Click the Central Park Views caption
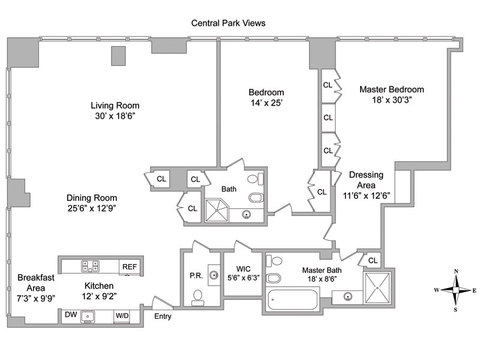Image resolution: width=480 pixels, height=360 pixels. [x=228, y=23]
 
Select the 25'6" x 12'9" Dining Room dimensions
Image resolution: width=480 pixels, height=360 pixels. [x=92, y=209]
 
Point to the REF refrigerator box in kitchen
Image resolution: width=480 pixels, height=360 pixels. [x=129, y=266]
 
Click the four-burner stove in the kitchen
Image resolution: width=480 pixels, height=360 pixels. [x=90, y=266]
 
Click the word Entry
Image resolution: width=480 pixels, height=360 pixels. [x=163, y=316]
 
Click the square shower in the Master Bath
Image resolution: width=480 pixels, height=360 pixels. [x=377, y=288]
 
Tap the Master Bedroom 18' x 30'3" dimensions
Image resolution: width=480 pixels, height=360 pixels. [x=391, y=100]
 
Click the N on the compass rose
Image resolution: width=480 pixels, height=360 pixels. [x=456, y=271]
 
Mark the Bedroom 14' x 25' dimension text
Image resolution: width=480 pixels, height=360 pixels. [x=266, y=103]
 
